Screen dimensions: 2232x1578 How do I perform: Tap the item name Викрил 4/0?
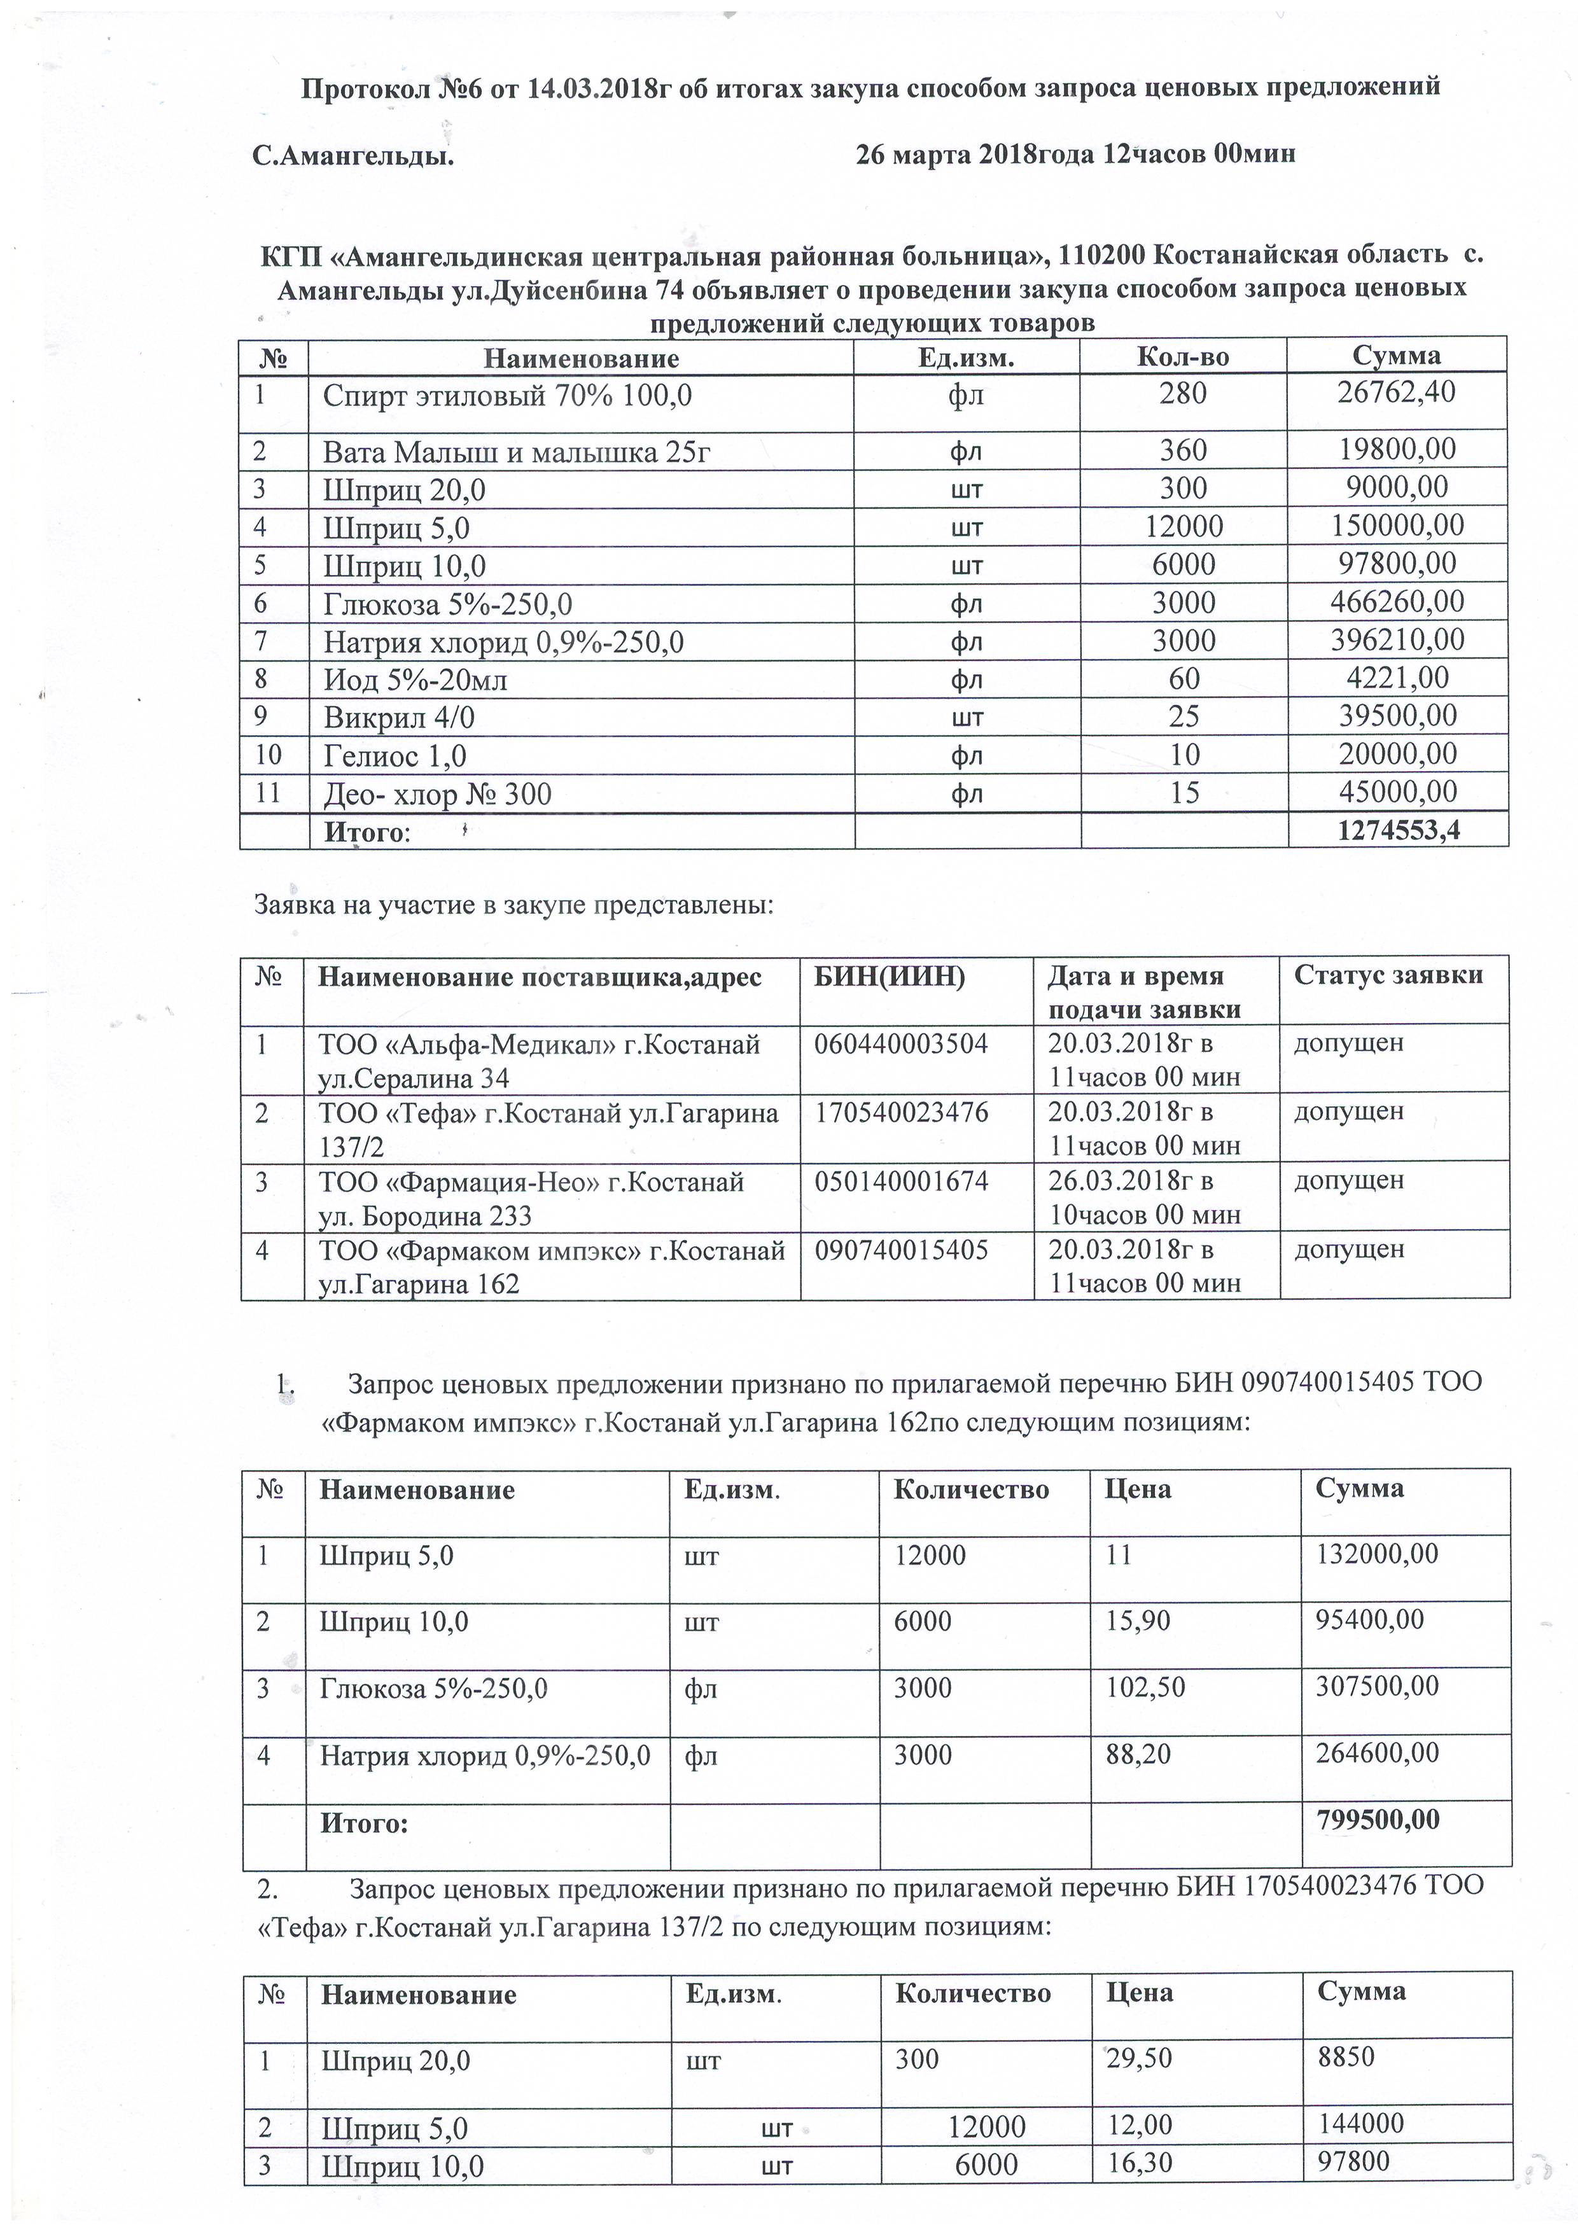point(398,718)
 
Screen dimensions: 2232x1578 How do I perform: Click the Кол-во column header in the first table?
point(1182,357)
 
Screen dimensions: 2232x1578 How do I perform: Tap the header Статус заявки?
point(1388,975)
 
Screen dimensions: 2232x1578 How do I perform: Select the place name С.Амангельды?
point(353,155)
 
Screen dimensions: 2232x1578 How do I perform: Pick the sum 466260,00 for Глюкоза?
point(1396,602)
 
